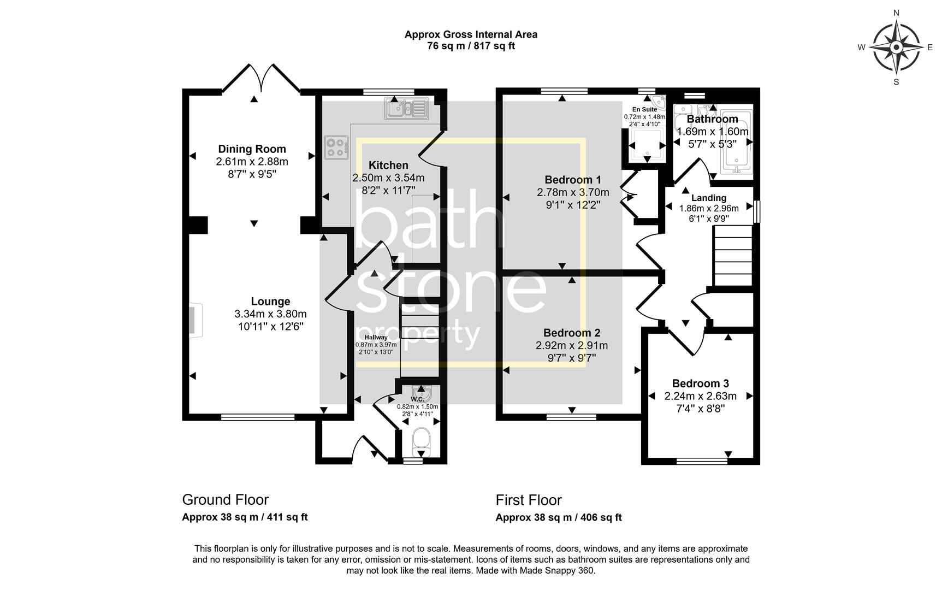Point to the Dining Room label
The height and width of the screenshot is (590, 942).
(252, 149)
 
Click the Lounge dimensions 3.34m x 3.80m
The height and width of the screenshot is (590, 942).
(270, 314)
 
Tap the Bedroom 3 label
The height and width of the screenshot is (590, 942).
(700, 384)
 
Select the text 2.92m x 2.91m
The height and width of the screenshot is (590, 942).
(571, 346)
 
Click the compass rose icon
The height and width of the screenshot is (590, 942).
(896, 48)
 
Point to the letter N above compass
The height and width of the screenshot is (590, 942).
(896, 13)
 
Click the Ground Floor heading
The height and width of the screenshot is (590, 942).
(225, 500)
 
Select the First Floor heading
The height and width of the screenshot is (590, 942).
(528, 500)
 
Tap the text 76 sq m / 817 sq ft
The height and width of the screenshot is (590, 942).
(471, 46)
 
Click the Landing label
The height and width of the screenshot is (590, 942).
(709, 198)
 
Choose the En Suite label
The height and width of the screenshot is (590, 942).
(644, 110)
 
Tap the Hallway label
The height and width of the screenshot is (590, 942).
(376, 338)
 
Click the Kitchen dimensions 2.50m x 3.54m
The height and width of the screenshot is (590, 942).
(388, 178)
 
